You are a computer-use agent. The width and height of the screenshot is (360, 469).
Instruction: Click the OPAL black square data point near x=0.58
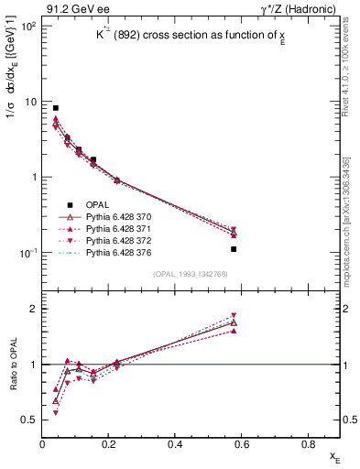pos(234,249)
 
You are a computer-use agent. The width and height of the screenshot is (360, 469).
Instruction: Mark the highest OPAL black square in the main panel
pos(56,108)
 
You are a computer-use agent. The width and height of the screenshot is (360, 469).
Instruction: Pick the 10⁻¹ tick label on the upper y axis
pos(27,253)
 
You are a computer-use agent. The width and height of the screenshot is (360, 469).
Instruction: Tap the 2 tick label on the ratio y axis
pos(35,309)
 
